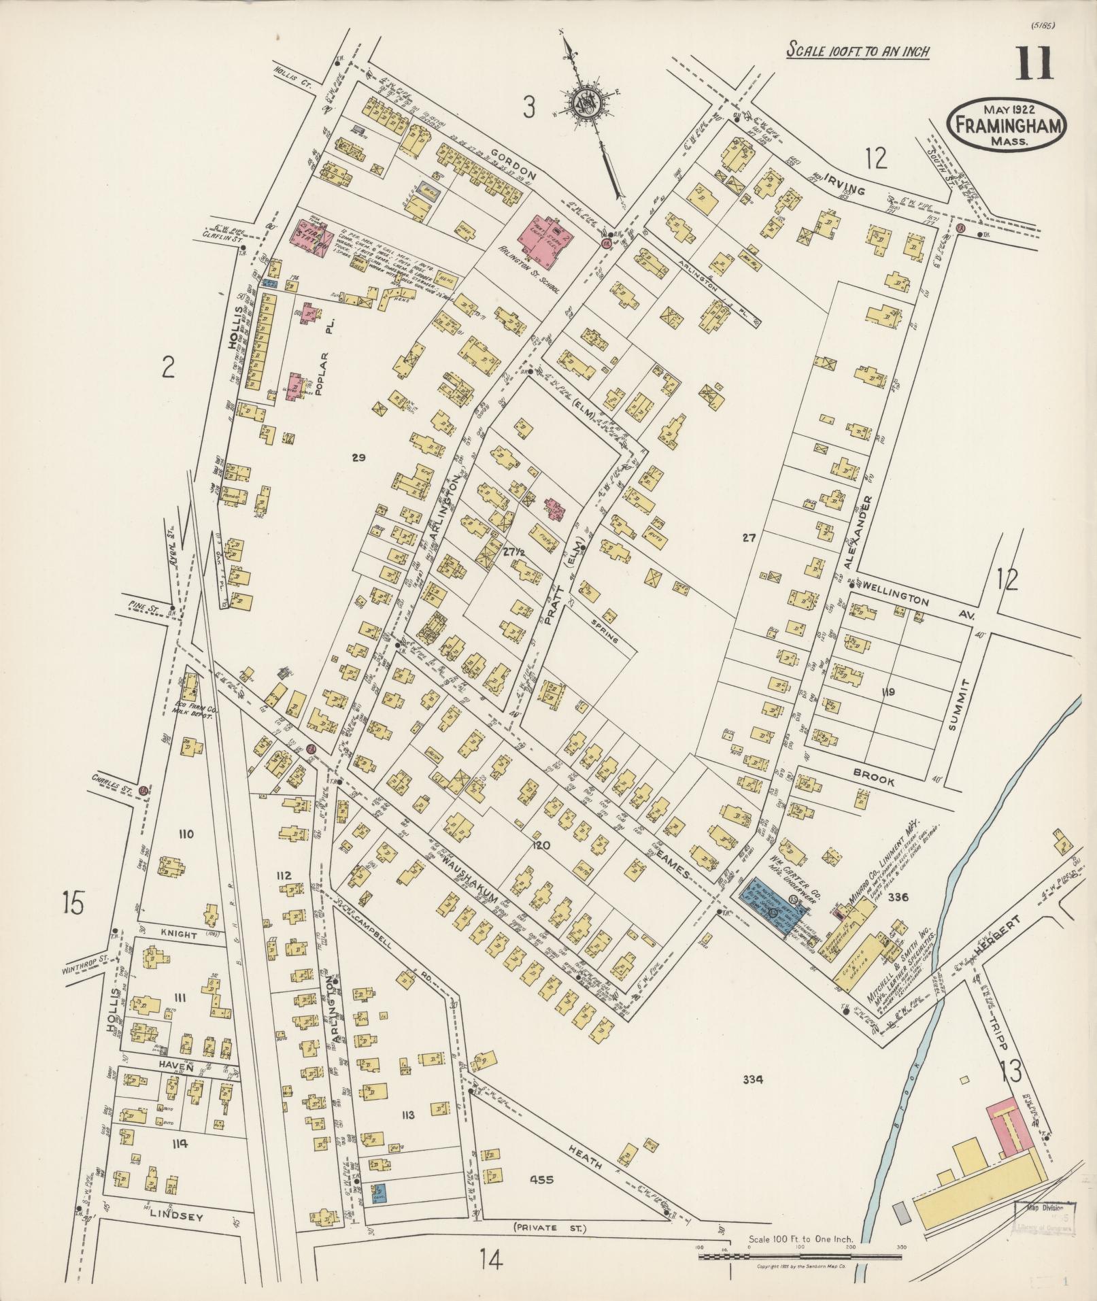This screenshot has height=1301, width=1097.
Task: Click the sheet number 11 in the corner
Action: [x=1034, y=65]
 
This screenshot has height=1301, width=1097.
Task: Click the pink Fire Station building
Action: [x=311, y=239]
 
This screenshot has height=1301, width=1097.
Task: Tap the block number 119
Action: [x=887, y=692]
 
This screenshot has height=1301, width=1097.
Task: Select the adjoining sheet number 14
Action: [x=490, y=1260]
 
